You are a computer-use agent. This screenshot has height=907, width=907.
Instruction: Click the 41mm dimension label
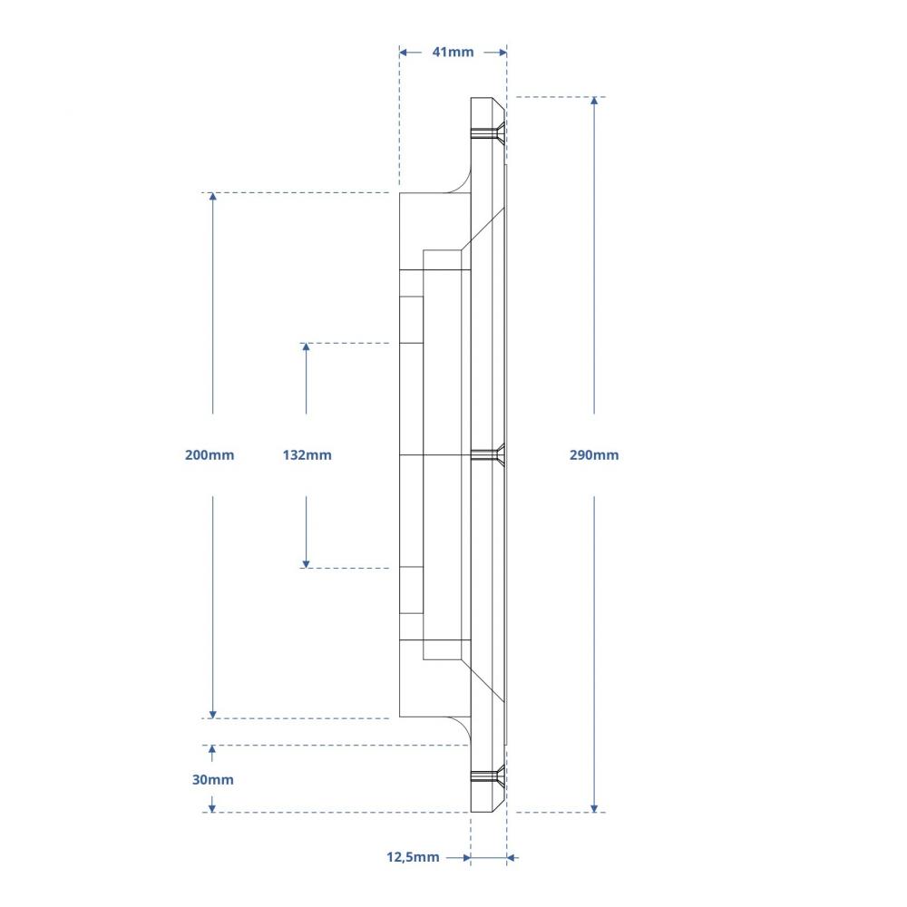point(453,52)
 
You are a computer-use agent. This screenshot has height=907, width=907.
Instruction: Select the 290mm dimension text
point(594,454)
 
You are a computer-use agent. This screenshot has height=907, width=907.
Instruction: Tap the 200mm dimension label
point(210,454)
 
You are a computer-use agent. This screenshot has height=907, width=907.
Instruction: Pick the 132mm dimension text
point(307,454)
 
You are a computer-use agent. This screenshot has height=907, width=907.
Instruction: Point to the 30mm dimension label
point(213,779)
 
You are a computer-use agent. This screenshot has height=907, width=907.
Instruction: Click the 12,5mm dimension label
point(413,856)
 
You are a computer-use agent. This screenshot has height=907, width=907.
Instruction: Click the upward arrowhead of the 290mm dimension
point(594,102)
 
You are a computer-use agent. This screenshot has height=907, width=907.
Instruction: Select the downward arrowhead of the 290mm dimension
point(594,806)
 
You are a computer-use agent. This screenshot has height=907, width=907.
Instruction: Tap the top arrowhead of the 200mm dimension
point(213,199)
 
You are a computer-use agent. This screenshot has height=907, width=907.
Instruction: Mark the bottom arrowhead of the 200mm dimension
point(213,713)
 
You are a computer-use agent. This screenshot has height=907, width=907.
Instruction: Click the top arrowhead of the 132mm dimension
point(307,348)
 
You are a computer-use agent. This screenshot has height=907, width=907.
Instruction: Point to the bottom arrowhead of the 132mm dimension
point(307,562)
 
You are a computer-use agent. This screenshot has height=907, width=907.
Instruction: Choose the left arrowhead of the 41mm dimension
point(405,52)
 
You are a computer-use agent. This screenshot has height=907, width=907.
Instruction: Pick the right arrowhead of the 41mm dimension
point(501,52)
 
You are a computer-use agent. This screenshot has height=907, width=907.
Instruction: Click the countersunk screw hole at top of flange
point(490,134)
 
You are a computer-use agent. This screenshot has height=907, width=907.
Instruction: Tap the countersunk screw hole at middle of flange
point(491,453)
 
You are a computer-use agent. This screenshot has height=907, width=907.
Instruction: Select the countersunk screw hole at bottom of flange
point(490,775)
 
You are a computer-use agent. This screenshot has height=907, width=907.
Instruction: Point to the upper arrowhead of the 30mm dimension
point(213,750)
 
